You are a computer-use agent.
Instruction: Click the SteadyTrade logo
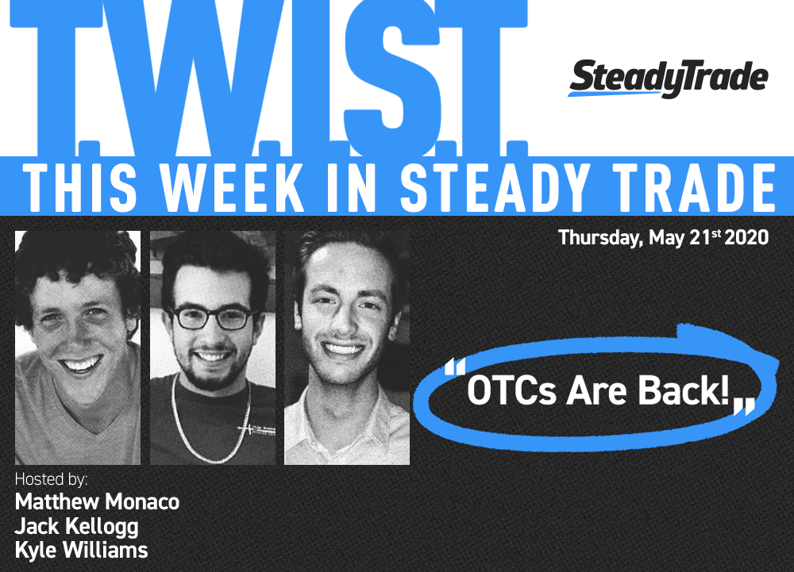tap(669, 79)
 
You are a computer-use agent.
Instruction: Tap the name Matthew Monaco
tap(97, 501)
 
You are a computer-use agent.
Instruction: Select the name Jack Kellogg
tap(76, 527)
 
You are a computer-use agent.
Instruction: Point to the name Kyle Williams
tap(81, 551)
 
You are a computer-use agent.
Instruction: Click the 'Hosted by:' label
tap(51, 478)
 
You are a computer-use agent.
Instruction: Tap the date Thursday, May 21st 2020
tap(663, 237)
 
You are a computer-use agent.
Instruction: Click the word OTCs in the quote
tap(511, 390)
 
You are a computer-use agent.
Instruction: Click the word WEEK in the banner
tap(233, 188)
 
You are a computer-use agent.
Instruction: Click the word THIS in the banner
tap(80, 188)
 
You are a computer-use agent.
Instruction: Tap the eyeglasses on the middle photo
tap(212, 317)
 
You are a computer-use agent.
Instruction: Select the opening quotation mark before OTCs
tap(454, 367)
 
